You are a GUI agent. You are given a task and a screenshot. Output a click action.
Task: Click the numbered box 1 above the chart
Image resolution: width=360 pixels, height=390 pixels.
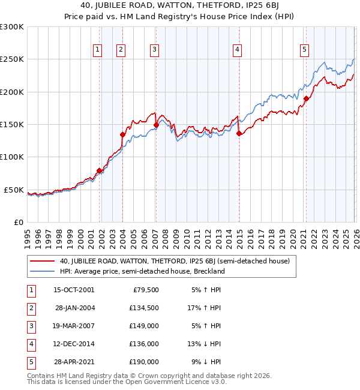pyautogui.click(x=97, y=50)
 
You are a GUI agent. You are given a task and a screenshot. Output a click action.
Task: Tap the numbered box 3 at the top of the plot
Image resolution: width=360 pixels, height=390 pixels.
pyautogui.click(x=155, y=50)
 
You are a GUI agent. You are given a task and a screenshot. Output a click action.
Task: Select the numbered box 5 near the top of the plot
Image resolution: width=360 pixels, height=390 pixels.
pyautogui.click(x=305, y=50)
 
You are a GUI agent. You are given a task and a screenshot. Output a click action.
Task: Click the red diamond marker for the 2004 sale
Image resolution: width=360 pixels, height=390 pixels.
pyautogui.click(x=122, y=135)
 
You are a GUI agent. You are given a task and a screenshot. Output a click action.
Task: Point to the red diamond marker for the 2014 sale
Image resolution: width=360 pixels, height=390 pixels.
pyautogui.click(x=238, y=134)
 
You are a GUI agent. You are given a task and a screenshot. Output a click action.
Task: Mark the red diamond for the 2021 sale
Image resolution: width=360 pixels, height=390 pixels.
pyautogui.click(x=306, y=98)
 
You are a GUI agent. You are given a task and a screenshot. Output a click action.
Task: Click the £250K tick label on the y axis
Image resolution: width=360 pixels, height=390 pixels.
pyautogui.click(x=12, y=59)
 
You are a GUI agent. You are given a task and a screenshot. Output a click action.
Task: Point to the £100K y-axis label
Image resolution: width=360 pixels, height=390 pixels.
pyautogui.click(x=12, y=157)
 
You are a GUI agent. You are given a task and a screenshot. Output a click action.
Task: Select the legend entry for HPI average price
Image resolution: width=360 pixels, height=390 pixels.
pyautogui.click(x=142, y=271)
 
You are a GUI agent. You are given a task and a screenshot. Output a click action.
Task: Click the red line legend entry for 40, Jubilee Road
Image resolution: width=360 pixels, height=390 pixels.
pyautogui.click(x=175, y=261)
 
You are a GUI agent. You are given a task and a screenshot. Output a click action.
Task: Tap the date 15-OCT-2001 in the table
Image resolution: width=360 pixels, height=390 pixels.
pyautogui.click(x=74, y=290)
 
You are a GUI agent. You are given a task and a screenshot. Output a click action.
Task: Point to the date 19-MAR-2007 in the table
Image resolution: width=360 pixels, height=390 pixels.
pyautogui.click(x=74, y=326)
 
